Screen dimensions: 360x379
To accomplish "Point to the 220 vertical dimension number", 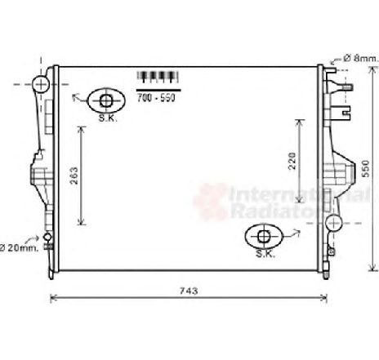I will (291, 163).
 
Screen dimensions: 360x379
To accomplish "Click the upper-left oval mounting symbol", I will (105, 101).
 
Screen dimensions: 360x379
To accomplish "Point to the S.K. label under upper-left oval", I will (107, 119).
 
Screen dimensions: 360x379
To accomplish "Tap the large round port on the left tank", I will (41, 85).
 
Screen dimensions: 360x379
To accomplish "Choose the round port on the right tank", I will (332, 223).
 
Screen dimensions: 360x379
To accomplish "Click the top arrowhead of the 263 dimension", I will (80, 129).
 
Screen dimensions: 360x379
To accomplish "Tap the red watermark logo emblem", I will (209, 201).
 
